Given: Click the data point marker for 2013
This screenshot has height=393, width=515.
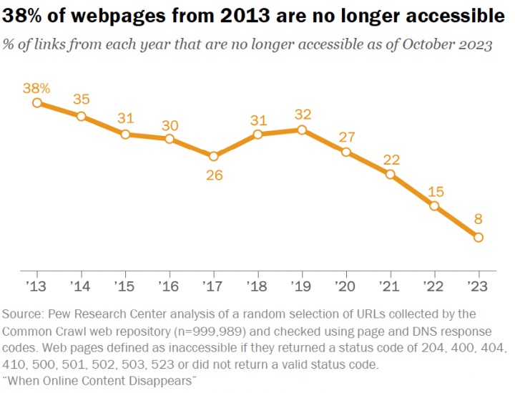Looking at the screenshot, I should point(37,103).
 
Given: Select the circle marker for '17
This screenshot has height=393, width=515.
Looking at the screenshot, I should point(214,156).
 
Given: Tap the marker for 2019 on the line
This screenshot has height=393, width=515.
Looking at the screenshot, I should point(302,130).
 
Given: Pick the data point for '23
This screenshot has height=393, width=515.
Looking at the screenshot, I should point(478,237).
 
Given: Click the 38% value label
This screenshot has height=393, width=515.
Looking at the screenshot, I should point(37,88).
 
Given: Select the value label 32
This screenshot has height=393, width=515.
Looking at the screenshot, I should point(302,114).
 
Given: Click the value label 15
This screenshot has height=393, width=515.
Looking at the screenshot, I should point(434,191).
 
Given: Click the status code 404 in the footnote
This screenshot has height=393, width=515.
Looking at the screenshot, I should point(491,349).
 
